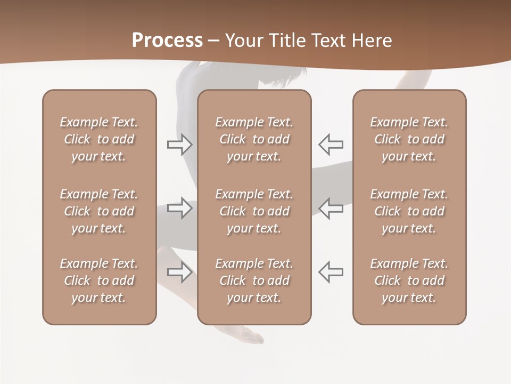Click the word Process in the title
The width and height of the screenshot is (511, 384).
[167, 41]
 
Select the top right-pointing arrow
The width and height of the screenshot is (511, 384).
[179, 145]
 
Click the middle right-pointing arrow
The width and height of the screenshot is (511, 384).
[179, 208]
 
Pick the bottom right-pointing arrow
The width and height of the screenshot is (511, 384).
[179, 272]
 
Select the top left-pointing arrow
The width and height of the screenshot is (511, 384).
[331, 145]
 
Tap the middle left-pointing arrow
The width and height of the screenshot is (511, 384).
[331, 208]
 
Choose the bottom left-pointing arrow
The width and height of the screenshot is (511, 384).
[331, 272]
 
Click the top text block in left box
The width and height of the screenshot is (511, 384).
[99, 139]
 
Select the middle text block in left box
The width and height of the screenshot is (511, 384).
[99, 211]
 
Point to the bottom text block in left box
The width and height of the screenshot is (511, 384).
[99, 281]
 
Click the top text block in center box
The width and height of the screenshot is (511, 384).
[254, 139]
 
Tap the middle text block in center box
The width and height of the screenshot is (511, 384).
[254, 211]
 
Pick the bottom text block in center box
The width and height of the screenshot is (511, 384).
[254, 281]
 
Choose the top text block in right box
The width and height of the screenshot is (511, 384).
[409, 139]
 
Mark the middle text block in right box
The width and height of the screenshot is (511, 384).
[409, 211]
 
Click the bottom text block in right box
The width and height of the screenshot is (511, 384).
[409, 281]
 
